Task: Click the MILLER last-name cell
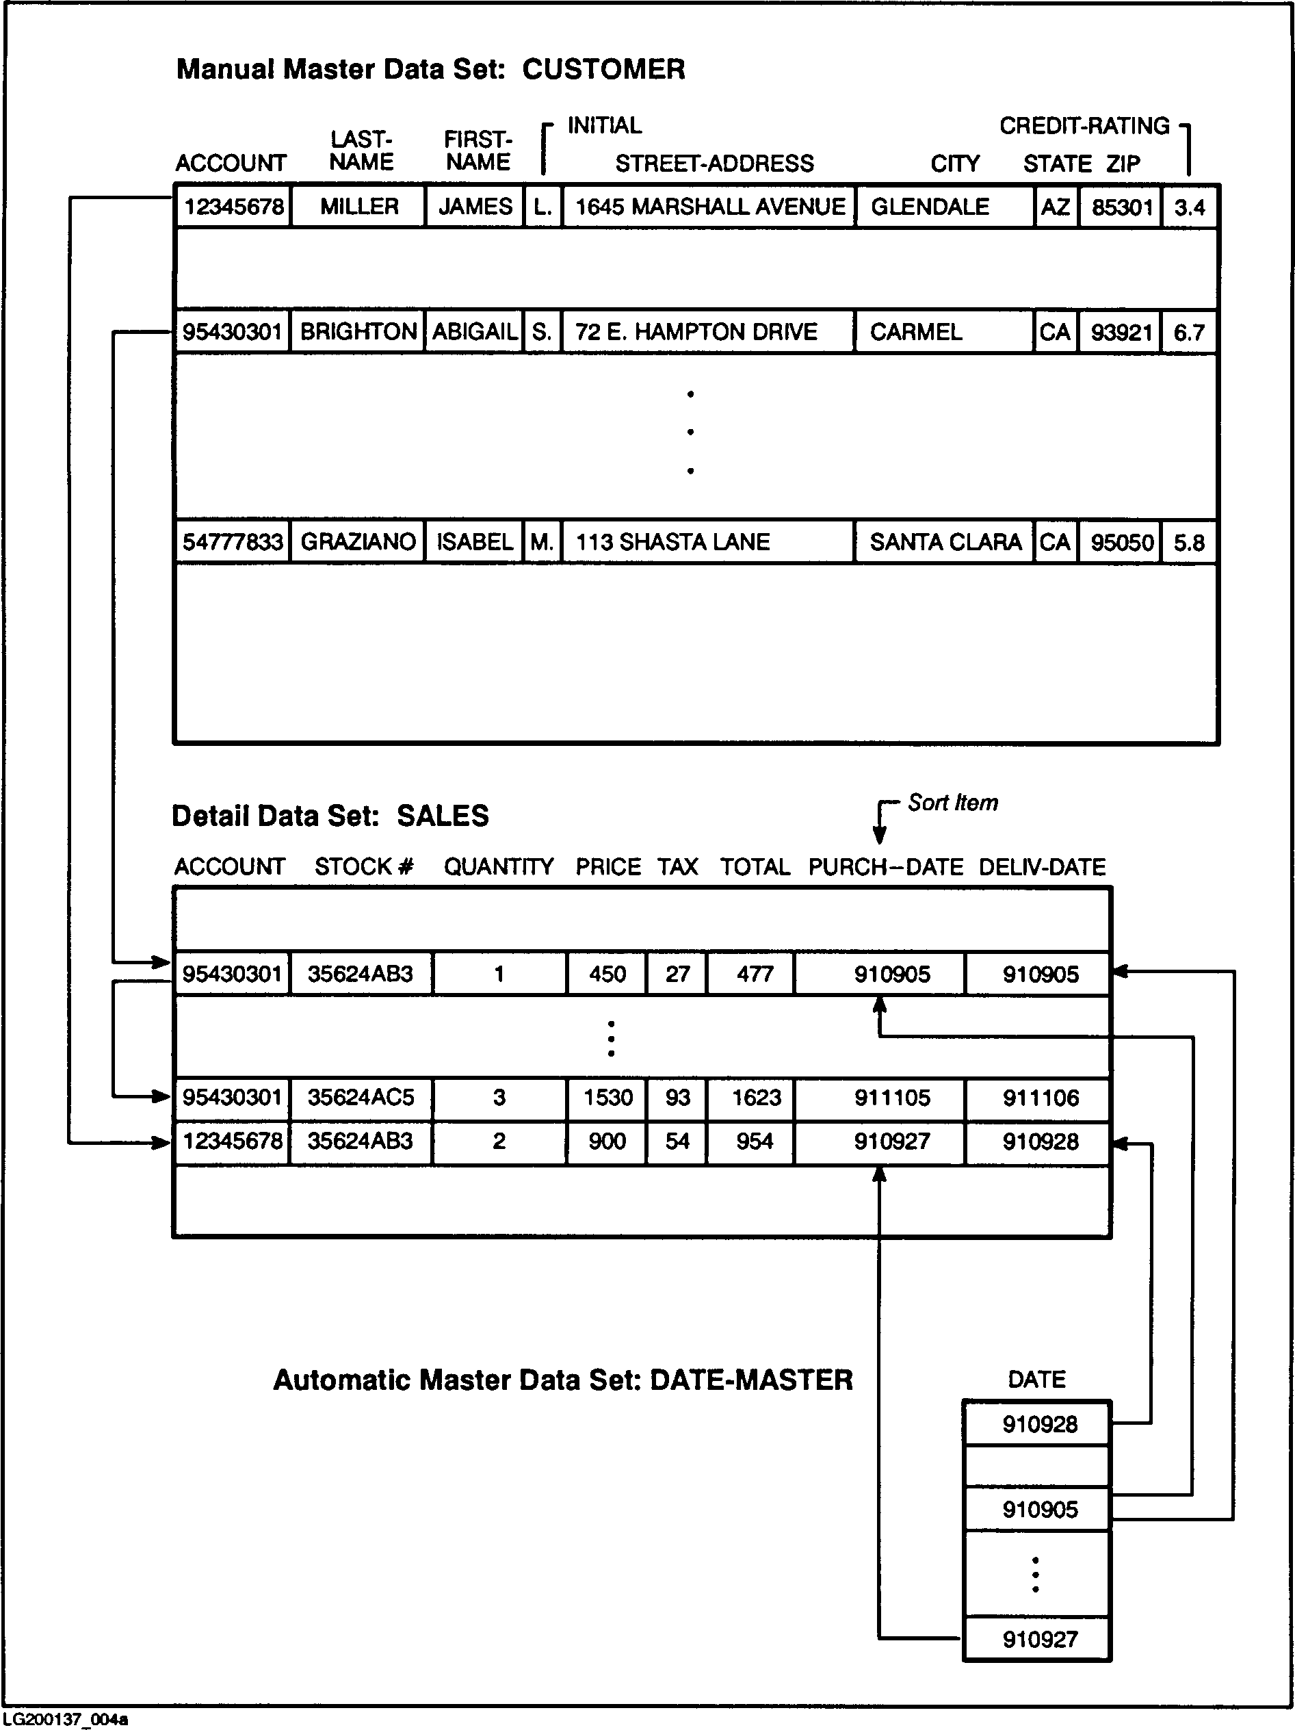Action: (x=359, y=207)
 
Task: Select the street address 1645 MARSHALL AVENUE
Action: (x=709, y=207)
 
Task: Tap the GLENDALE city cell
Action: (x=930, y=207)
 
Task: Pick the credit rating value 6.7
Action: (x=1189, y=333)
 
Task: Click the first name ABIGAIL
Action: (x=475, y=332)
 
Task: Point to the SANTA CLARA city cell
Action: (x=945, y=542)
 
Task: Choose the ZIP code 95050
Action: (x=1121, y=542)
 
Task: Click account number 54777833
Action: (x=233, y=542)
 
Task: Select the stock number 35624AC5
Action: (x=361, y=1097)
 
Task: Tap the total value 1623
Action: (x=755, y=1097)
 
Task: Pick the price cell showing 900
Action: (x=607, y=1141)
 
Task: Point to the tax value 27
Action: (x=677, y=974)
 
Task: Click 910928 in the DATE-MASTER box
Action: (x=1039, y=1424)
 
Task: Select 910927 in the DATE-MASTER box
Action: (x=1039, y=1639)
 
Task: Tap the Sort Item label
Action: (x=952, y=803)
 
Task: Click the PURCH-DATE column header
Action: (x=885, y=866)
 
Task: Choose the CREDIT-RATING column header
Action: (x=1084, y=126)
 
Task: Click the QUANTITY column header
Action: (x=499, y=866)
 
